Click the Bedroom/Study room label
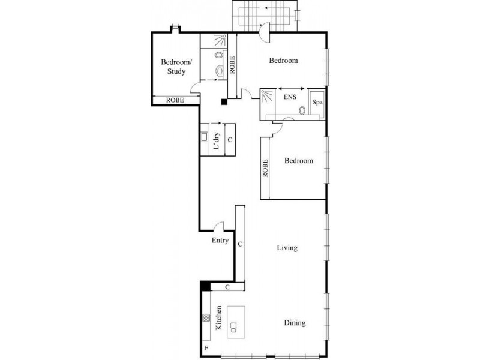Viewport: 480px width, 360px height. pos(176,67)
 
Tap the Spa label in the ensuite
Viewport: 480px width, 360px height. pos(317,102)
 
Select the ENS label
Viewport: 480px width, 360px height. pos(290,97)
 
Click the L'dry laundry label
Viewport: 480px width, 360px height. pos(217,141)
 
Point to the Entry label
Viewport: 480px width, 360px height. pos(220,241)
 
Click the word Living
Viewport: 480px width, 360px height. pos(287,248)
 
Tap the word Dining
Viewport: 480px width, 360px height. pos(295,323)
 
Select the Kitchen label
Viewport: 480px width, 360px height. pos(219,318)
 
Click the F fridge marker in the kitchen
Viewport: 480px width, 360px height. pos(206,348)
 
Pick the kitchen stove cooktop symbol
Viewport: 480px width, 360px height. pos(206,318)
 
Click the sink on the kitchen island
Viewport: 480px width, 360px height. pos(234,327)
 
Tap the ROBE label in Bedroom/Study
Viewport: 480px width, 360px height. pos(175,100)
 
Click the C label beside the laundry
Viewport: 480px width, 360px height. pos(230,140)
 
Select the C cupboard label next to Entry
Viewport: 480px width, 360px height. pos(240,244)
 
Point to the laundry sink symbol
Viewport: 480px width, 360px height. pos(204,137)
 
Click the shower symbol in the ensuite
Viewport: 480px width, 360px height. pos(268,97)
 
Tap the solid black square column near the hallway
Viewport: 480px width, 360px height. pos(224,102)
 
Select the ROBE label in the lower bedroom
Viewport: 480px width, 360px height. pos(265,168)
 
